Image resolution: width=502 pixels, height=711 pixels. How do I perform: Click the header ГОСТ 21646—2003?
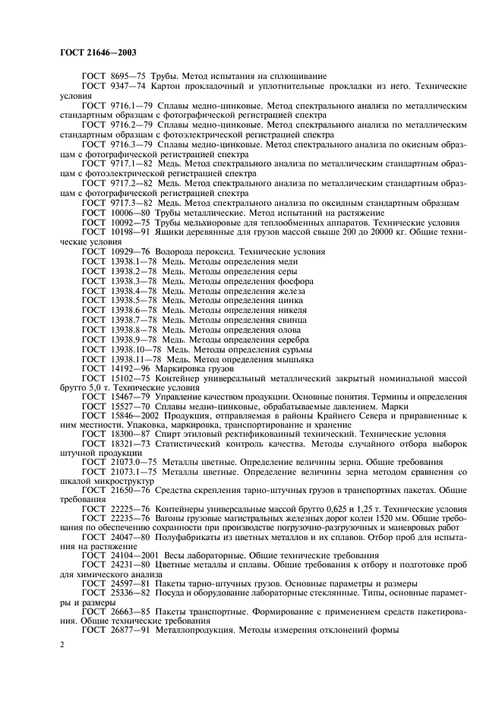[93, 53]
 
